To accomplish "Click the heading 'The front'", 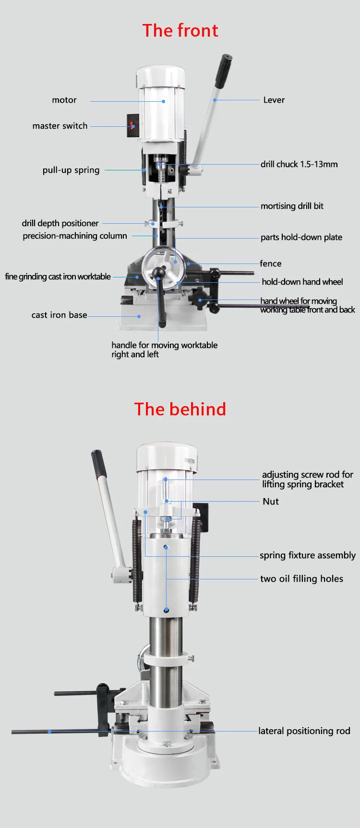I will click(180, 31).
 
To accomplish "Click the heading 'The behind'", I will click(180, 409).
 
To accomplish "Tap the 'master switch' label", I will click(60, 126).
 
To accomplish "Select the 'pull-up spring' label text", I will click(71, 170).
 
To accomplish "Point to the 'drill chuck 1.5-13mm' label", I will click(299, 164).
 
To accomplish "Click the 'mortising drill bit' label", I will click(292, 206).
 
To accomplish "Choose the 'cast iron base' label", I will click(60, 315).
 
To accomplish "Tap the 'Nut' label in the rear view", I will click(271, 501).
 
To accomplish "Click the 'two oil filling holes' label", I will click(301, 578).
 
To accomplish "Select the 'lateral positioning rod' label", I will click(304, 731).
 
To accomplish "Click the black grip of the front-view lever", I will click(223, 71).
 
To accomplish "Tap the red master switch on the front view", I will click(132, 125).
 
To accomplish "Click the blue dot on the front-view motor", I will click(164, 101).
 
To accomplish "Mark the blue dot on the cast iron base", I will click(139, 316).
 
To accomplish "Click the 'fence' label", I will click(271, 264).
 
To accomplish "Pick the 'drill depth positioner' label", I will click(60, 223).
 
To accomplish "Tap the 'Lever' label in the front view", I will click(274, 100).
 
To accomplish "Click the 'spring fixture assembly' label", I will click(308, 555).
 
